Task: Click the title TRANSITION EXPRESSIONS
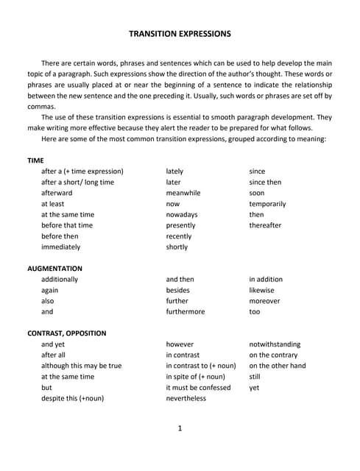coord(180,34)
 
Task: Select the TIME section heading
coord(36,160)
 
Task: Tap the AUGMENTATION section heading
coord(54,269)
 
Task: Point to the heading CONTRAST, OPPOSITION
coord(66,333)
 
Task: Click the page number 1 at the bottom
coord(180,428)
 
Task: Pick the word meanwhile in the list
coord(183,193)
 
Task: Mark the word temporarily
coord(267,204)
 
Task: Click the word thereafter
coord(265,225)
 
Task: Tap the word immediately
coord(61,247)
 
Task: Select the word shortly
coord(177,247)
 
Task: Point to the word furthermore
coord(186,312)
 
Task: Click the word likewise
coord(261,290)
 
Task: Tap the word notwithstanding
coord(275,344)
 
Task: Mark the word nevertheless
coord(186,398)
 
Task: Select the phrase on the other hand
coord(278,366)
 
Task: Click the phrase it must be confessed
coord(198,387)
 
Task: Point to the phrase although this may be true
coord(82,366)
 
